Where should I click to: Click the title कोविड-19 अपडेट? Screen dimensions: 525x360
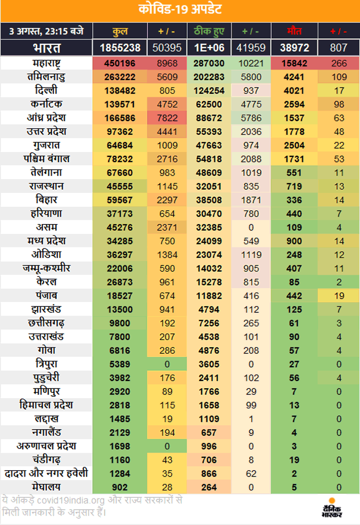(180, 10)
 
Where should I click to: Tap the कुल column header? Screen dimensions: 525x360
(120, 31)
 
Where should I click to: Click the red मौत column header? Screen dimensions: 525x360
(295, 31)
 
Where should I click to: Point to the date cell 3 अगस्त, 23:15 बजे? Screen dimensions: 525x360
(46, 31)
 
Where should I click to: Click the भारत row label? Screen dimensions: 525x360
(46, 48)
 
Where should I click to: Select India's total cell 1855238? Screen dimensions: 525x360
(120, 48)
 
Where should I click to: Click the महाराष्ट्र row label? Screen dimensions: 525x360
(46, 64)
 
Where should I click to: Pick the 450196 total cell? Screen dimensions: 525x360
(120, 64)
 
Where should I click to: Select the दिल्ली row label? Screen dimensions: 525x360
(46, 91)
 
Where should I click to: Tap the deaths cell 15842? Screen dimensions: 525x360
(295, 64)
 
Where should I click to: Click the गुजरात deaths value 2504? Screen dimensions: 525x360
(295, 146)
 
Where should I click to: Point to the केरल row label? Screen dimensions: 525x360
(46, 282)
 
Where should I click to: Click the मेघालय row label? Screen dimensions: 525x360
(46, 487)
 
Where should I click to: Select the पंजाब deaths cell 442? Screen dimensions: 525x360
(295, 296)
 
